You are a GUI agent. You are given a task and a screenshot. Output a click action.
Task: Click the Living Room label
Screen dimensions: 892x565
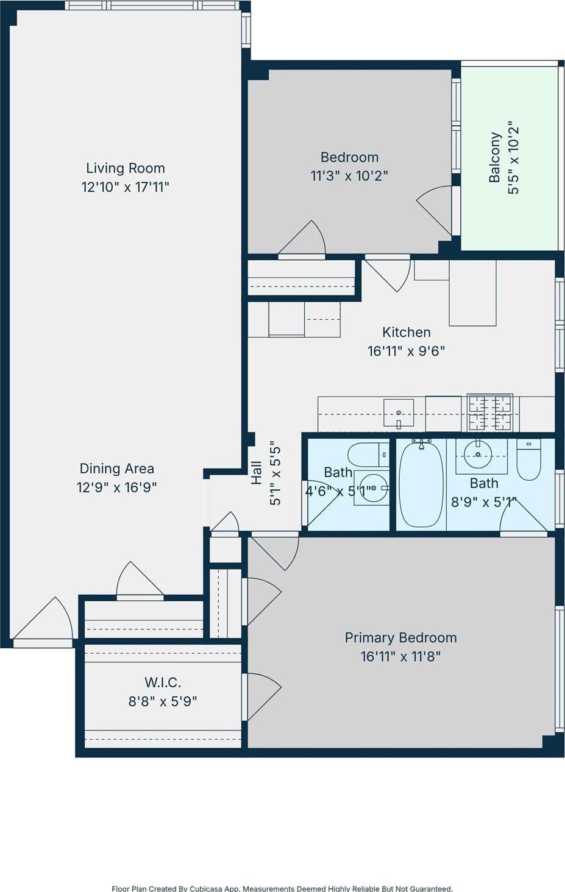click(125, 168)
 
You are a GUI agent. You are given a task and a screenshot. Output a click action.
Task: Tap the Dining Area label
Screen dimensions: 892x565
click(116, 469)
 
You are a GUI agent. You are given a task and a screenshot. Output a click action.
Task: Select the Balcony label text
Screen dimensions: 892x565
click(495, 157)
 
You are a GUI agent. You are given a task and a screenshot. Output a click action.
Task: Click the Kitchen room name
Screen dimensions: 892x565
click(406, 332)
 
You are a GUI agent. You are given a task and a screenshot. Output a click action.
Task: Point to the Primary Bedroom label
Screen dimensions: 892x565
click(400, 637)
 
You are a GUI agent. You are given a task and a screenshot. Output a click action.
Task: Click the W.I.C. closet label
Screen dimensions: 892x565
click(163, 682)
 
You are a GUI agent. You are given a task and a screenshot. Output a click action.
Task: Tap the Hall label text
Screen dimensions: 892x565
click(257, 473)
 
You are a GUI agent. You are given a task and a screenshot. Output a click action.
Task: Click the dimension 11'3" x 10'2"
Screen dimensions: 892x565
click(349, 176)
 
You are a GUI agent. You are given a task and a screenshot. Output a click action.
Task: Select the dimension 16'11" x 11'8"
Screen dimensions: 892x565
click(400, 656)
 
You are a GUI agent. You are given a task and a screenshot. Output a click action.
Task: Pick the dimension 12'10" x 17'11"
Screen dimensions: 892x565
click(125, 187)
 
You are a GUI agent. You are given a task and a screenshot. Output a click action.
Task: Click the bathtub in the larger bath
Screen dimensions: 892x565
click(421, 485)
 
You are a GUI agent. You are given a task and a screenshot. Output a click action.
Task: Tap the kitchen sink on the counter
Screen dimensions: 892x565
click(399, 412)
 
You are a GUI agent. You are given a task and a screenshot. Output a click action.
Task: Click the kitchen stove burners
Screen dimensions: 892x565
click(489, 411)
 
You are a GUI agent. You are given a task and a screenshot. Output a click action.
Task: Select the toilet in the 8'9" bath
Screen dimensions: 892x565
click(528, 459)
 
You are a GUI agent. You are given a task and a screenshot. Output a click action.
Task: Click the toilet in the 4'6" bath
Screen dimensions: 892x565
click(368, 454)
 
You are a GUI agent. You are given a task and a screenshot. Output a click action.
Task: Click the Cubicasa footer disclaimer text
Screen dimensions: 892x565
click(282, 888)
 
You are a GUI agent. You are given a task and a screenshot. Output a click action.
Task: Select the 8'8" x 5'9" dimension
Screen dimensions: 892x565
click(163, 701)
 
